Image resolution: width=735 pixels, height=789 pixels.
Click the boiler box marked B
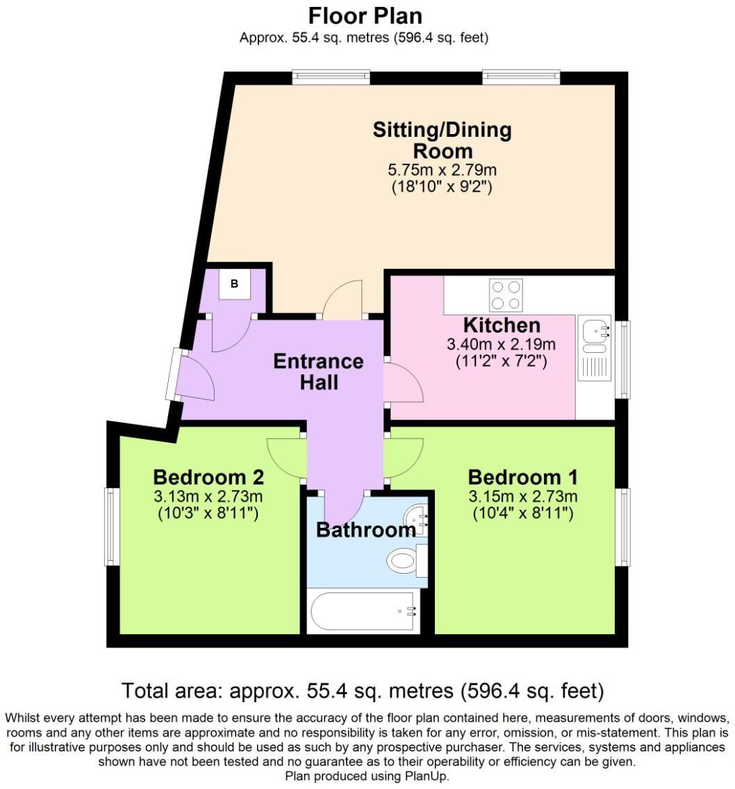[234, 284]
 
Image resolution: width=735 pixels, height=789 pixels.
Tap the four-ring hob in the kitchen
[506, 294]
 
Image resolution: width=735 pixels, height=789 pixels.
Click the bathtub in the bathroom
[363, 611]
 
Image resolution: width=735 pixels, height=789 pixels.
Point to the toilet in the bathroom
[404, 559]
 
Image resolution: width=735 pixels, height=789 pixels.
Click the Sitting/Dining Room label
[442, 140]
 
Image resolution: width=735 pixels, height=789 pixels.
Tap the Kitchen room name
[502, 325]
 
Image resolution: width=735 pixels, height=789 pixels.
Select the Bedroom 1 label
[522, 478]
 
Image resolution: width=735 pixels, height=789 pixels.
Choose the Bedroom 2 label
[208, 478]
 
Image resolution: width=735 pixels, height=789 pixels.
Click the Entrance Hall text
[318, 371]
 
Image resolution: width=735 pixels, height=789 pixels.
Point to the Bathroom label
[365, 531]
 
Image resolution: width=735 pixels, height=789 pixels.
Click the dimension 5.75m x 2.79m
[442, 170]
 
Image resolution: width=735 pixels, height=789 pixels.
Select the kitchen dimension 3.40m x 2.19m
[502, 344]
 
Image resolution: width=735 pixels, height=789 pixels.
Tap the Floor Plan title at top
[365, 15]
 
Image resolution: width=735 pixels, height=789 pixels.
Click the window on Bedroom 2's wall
[110, 526]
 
